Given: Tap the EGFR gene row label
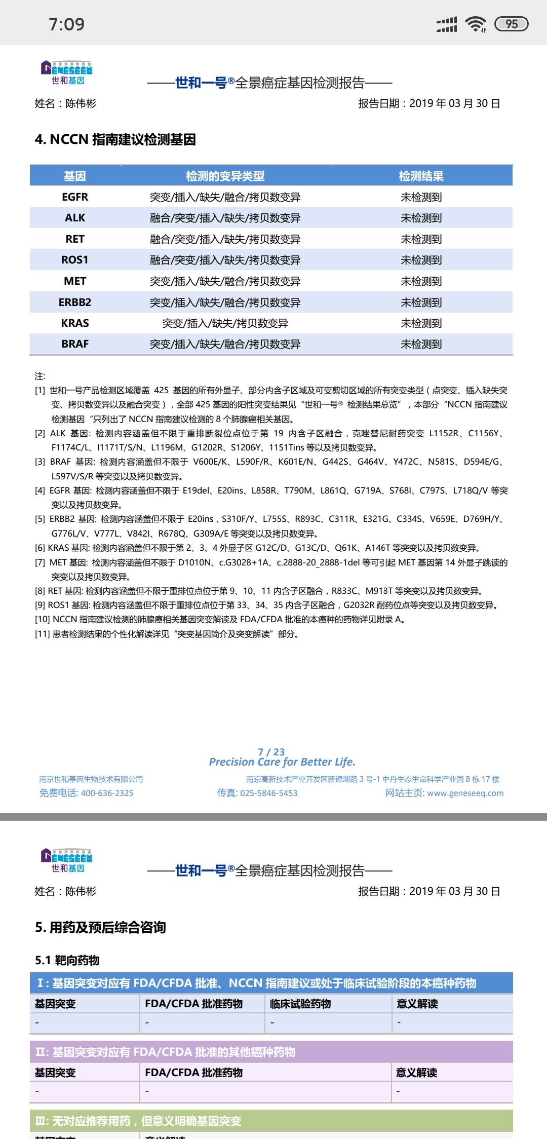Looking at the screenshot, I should click(75, 197).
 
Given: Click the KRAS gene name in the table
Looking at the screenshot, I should click(75, 323).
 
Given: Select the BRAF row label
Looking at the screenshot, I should click(75, 344).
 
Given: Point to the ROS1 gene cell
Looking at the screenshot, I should click(75, 260).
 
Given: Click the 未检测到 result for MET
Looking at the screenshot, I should click(421, 281).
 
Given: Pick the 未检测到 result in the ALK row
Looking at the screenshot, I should click(421, 218).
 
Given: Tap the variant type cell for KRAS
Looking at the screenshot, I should click(225, 323).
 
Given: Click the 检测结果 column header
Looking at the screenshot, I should click(421, 176).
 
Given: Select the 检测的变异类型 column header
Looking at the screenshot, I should click(225, 176).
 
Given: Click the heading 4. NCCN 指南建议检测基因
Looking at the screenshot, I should click(115, 139).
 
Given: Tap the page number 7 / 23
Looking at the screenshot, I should click(271, 752).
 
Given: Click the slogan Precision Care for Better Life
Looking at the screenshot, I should click(282, 762).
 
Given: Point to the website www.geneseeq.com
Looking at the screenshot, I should click(465, 793).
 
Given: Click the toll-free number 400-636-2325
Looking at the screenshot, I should click(107, 793).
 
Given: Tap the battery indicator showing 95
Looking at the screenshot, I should click(511, 24).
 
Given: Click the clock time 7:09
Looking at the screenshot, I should click(66, 24).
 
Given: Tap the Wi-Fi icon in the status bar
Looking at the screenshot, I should click(476, 24).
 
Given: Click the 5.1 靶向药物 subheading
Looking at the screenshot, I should click(67, 960).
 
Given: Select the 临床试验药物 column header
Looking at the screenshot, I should click(300, 1004).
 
